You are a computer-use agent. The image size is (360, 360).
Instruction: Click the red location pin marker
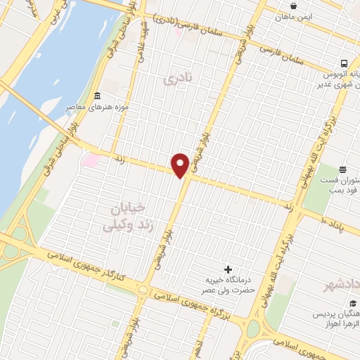tap(180, 165)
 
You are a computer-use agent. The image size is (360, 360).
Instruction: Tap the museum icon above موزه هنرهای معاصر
tap(97, 96)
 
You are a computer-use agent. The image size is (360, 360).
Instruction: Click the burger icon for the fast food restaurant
tap(342, 169)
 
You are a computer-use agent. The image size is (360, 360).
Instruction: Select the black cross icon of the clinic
tap(227, 269)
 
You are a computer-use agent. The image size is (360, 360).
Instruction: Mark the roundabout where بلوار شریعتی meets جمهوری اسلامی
tap(143, 290)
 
